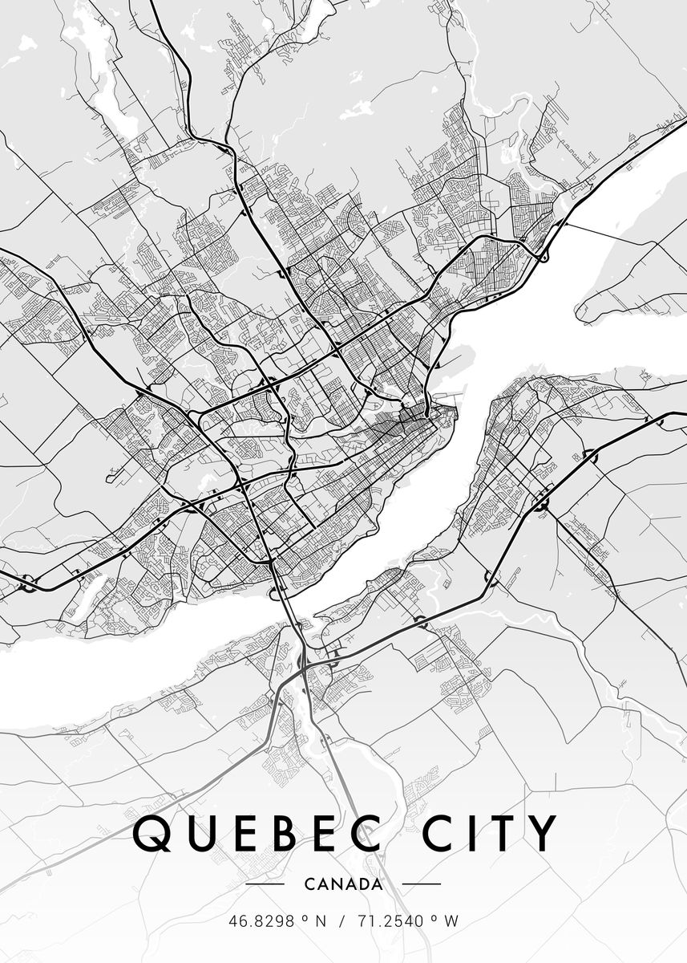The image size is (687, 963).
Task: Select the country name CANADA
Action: pos(343,884)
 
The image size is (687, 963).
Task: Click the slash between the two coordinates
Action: pos(342,922)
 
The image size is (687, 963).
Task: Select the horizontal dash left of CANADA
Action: pos(265,884)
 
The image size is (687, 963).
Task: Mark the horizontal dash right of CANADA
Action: pos(421,884)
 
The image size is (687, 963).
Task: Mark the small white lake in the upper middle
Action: pos(357,112)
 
